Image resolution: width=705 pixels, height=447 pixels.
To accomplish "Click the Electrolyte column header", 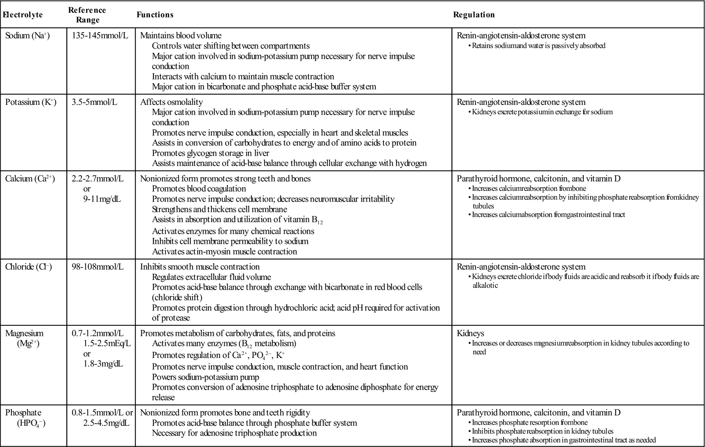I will (x=23, y=15).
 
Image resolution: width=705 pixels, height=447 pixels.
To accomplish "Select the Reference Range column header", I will (x=87, y=15).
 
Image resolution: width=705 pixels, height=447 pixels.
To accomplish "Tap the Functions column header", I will (x=155, y=15).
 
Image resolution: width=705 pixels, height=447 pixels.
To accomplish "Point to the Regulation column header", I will (x=474, y=15).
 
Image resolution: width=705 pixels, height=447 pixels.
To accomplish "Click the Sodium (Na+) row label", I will (x=28, y=36).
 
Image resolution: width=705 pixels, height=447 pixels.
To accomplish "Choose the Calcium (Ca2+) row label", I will (x=30, y=179).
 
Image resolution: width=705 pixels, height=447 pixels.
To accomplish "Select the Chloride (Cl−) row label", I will (x=29, y=267).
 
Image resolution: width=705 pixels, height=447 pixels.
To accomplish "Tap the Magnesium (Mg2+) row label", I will (x=24, y=339).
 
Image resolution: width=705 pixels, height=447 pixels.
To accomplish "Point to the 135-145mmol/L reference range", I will (x=100, y=36).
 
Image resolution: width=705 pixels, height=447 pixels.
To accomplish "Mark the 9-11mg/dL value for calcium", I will (x=96, y=199).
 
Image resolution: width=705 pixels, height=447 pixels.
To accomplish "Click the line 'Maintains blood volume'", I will (x=181, y=36).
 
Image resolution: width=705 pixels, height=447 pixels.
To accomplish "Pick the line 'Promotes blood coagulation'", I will (x=199, y=189).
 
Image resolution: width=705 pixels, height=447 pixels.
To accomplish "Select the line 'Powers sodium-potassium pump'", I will (x=205, y=377).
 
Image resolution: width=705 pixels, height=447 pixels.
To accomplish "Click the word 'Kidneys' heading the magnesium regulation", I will (x=470, y=334).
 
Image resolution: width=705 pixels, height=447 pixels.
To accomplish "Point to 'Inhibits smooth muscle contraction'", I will (x=200, y=267).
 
